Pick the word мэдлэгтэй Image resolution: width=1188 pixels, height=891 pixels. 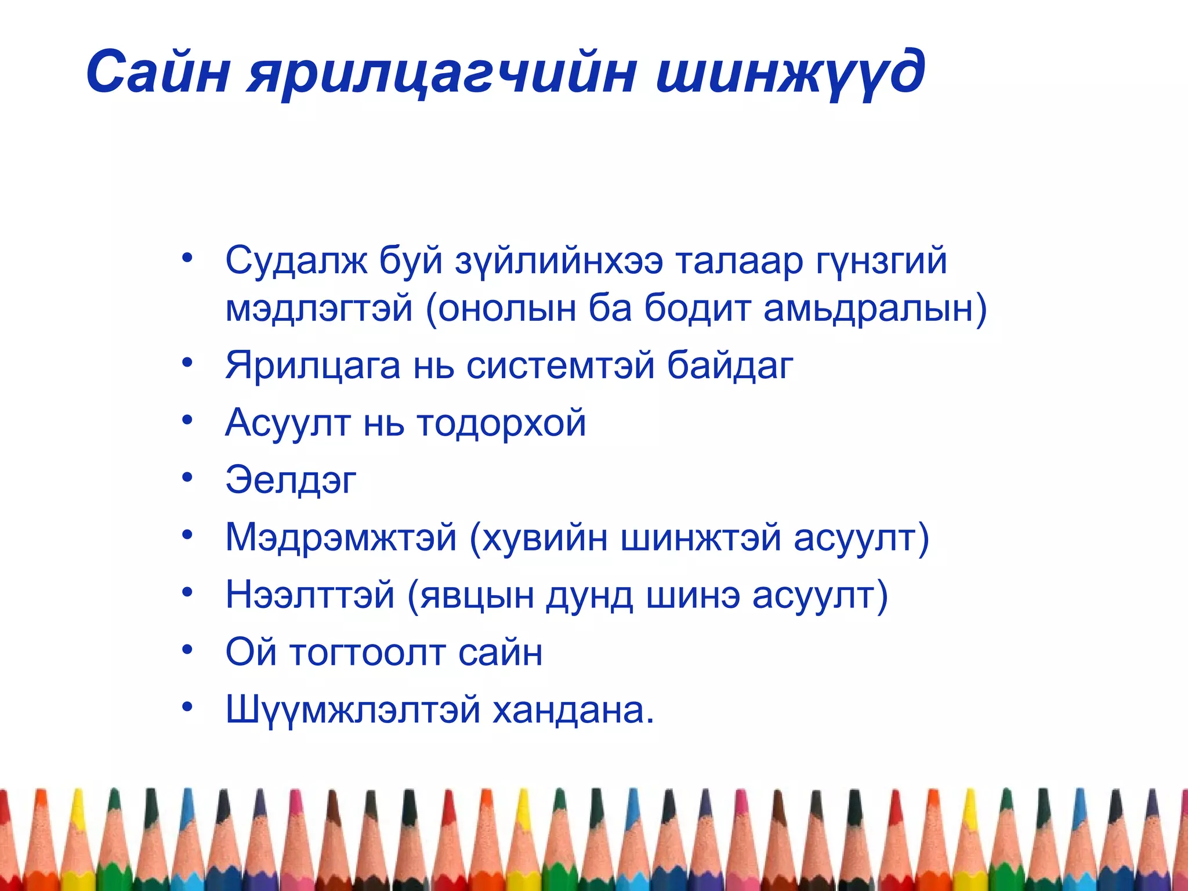coord(319,309)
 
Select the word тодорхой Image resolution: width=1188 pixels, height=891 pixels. coord(501,423)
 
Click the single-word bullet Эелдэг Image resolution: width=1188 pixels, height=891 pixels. coord(291,480)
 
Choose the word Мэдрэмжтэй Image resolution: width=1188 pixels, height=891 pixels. coord(341,538)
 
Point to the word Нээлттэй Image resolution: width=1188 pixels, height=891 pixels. coord(310,595)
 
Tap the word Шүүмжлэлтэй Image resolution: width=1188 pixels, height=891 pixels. coord(353,710)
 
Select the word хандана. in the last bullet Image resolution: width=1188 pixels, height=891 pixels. coord(573,710)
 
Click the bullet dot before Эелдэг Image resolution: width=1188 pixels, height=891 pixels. coord(187,477)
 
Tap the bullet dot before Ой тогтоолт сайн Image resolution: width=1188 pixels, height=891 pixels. coord(187,650)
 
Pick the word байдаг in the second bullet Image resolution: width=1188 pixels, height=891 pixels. coord(729,366)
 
